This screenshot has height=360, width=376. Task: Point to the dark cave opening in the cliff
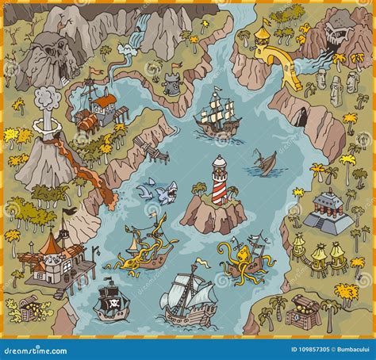click(x=300, y=119)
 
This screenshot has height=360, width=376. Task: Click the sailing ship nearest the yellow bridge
click(x=218, y=114)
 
